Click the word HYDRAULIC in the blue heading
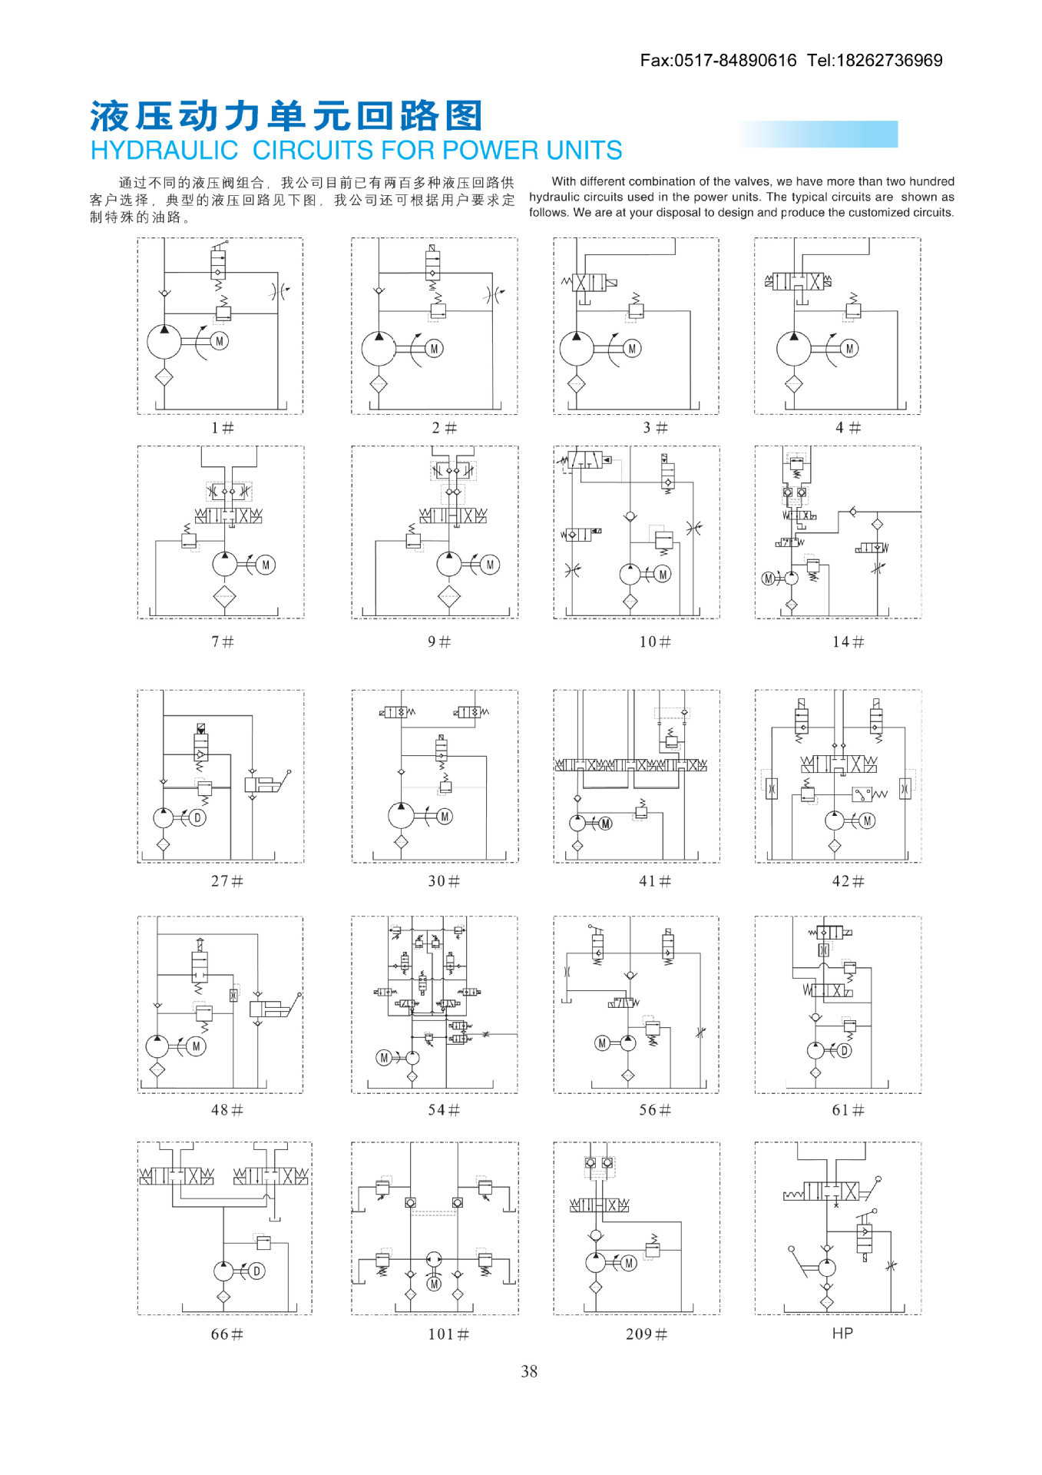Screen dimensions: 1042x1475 [164, 150]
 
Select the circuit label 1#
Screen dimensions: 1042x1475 [223, 427]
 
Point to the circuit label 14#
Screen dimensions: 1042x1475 [848, 641]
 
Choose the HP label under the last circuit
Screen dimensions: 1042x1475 [842, 1333]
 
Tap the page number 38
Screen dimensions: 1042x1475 [529, 1371]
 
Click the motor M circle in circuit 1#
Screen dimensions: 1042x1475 [220, 341]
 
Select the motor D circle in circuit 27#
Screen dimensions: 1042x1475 [197, 817]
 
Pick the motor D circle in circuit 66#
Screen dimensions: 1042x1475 [257, 1271]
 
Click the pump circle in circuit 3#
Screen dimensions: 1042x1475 [577, 349]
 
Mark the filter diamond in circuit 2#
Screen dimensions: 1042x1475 [379, 384]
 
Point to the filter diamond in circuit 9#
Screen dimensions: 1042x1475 [449, 596]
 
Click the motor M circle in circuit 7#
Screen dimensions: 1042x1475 [266, 565]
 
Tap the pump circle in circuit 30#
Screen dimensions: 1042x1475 [401, 816]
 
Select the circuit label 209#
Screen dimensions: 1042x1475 [646, 1334]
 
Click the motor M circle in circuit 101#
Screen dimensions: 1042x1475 [434, 1284]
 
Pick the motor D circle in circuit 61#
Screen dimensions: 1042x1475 [844, 1050]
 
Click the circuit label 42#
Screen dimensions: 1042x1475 [848, 881]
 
